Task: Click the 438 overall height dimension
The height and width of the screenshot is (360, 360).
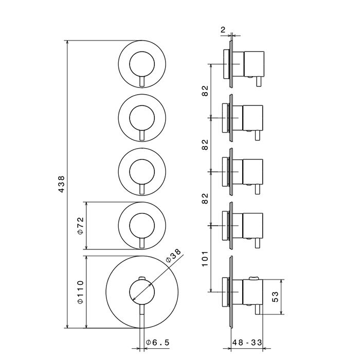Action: point(61,184)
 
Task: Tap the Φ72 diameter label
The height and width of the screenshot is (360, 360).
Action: point(81,225)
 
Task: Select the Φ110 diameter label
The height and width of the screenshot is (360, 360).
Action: point(81,292)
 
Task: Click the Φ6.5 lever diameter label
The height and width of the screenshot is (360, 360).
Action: point(157,343)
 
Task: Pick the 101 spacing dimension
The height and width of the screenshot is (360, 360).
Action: point(205,259)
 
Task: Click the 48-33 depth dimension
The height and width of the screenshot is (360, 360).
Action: point(247,343)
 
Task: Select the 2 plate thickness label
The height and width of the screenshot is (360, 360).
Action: point(223,30)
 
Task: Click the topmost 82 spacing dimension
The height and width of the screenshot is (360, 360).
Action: point(205,91)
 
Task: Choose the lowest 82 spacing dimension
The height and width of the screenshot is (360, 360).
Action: point(205,199)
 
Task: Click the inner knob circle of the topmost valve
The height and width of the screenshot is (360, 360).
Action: point(142,51)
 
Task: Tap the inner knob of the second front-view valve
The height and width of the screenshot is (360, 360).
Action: point(142,105)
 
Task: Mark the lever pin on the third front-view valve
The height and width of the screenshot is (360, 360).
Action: point(142,190)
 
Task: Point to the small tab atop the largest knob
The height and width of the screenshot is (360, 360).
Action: point(142,278)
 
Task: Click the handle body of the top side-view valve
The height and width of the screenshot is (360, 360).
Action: point(254,64)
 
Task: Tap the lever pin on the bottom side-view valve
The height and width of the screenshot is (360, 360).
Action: point(258,309)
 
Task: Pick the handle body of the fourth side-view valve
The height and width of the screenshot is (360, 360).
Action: point(253,225)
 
